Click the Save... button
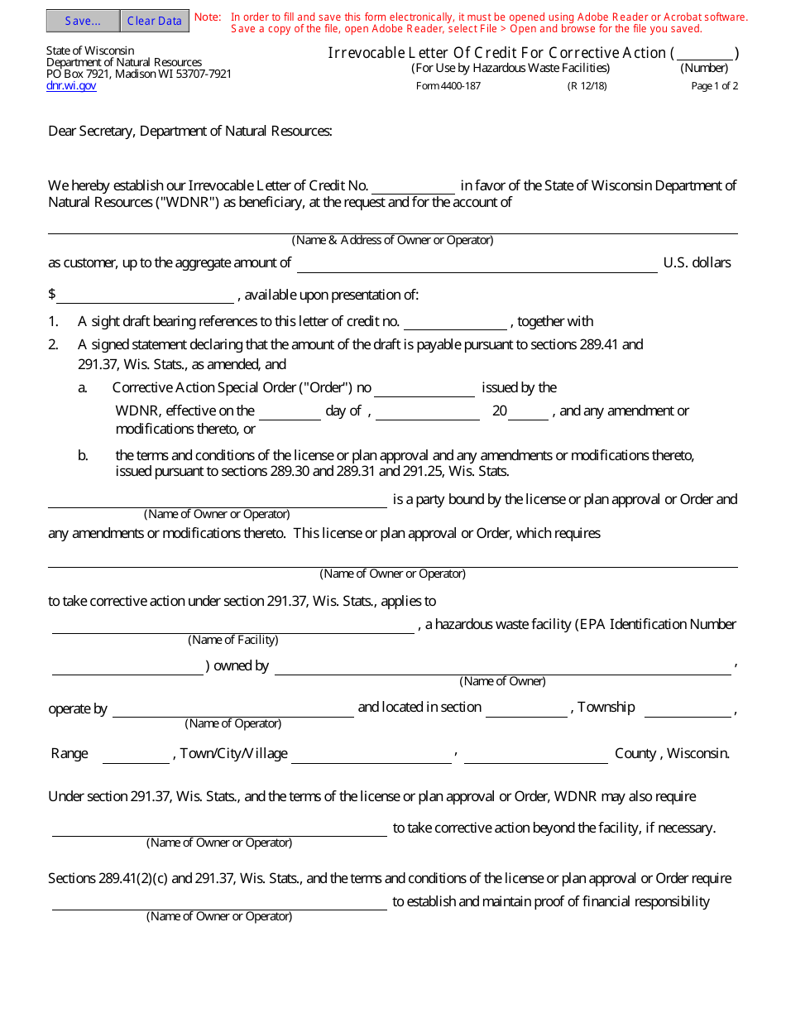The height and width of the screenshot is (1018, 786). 83,21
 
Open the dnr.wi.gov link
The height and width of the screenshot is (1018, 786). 71,85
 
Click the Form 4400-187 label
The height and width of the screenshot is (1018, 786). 448,86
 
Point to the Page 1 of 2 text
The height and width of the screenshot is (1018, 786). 714,86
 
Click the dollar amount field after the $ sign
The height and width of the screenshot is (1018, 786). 146,296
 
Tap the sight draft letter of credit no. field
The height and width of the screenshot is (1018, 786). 455,323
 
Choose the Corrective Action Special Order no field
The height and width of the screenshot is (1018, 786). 424,389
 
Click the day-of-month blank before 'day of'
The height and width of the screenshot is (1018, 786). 290,412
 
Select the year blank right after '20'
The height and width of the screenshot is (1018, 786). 528,412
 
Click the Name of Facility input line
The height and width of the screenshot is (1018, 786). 232,626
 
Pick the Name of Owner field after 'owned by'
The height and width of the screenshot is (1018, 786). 502,667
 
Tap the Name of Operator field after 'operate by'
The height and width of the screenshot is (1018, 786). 232,709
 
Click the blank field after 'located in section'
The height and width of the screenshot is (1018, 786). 526,709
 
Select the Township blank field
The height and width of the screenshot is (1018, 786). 688,709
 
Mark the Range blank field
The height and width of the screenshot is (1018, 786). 136,756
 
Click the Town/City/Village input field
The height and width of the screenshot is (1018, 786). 371,756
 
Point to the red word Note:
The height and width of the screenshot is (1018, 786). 208,17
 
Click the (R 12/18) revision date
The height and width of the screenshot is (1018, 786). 587,86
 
